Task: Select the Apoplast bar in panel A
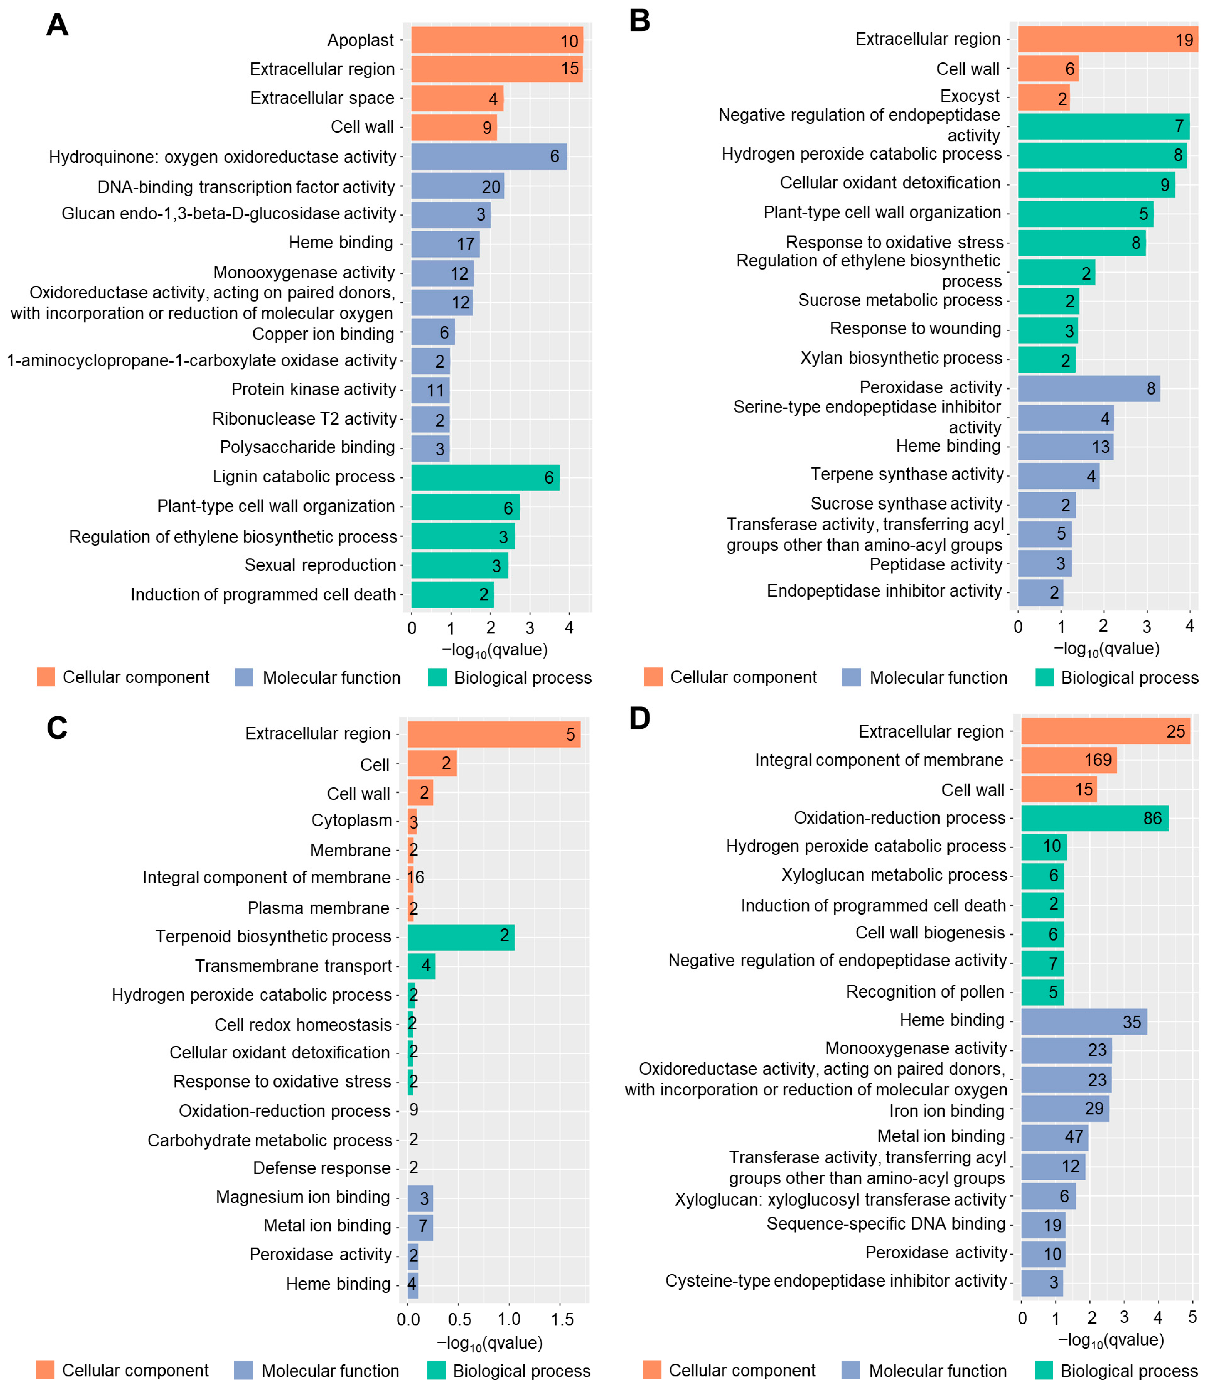click(x=497, y=40)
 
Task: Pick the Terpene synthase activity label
click(x=907, y=475)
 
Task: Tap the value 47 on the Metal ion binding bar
click(x=1074, y=1137)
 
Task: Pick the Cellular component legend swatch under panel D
click(x=652, y=1370)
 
